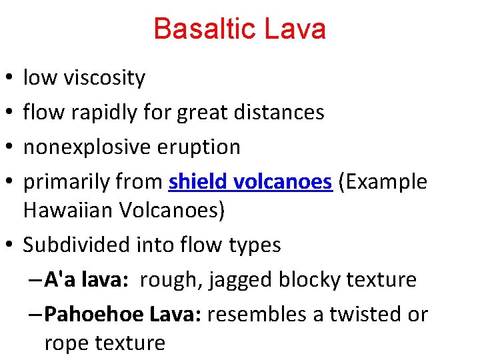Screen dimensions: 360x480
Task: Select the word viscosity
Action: pyautogui.click(x=104, y=79)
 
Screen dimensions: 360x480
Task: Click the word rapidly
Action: pyautogui.click(x=103, y=113)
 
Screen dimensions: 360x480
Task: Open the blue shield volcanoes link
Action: pyautogui.click(x=251, y=181)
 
